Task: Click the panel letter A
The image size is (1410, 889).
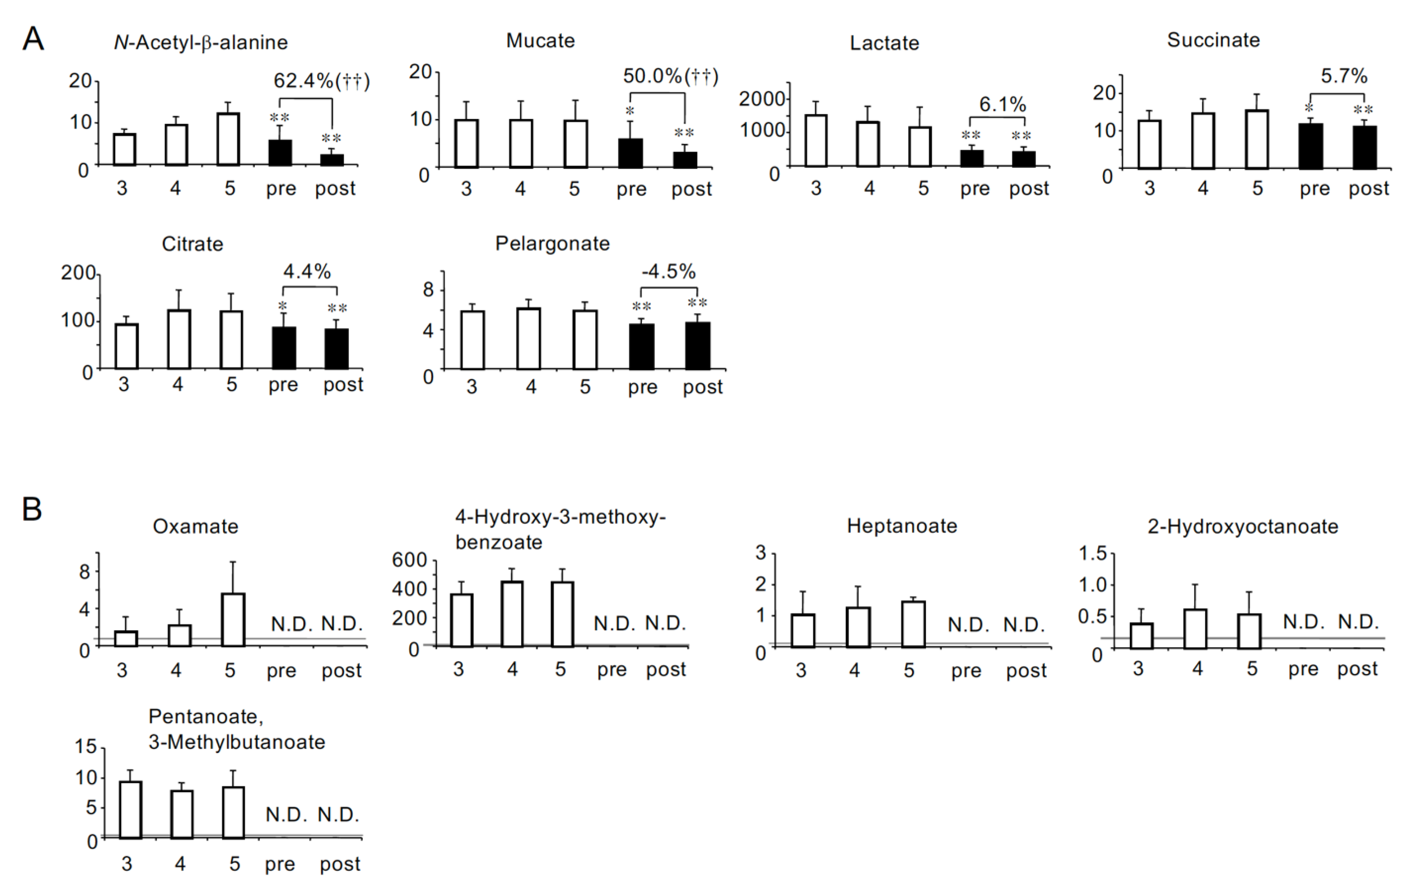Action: [x=33, y=40]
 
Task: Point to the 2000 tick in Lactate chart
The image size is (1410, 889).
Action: [x=761, y=99]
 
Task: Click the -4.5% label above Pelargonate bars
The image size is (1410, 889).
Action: [x=668, y=272]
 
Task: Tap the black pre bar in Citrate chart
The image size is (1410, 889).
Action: [x=284, y=348]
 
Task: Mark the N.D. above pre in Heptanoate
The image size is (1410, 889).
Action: [x=968, y=625]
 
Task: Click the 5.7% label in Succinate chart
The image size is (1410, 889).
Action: [x=1343, y=76]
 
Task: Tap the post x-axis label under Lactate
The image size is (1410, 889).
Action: [x=1028, y=188]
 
